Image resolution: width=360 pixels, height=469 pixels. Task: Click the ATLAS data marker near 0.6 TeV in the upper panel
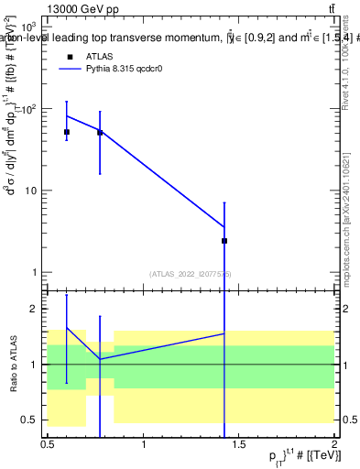point(67,132)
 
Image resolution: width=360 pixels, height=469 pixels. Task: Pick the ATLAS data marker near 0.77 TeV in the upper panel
point(100,132)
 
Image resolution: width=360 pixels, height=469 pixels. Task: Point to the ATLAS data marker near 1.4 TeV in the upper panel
point(224,241)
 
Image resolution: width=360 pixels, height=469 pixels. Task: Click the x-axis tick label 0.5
point(48,444)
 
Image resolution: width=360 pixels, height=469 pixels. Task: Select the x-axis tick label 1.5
point(239,444)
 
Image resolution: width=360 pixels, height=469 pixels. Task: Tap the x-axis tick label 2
point(334,444)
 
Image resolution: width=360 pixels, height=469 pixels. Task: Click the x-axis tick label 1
point(144,444)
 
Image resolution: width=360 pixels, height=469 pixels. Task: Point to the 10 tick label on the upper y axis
point(30,191)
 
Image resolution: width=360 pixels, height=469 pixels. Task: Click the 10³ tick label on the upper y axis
point(29,27)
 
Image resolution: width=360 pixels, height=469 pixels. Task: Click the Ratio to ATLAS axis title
point(12,365)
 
